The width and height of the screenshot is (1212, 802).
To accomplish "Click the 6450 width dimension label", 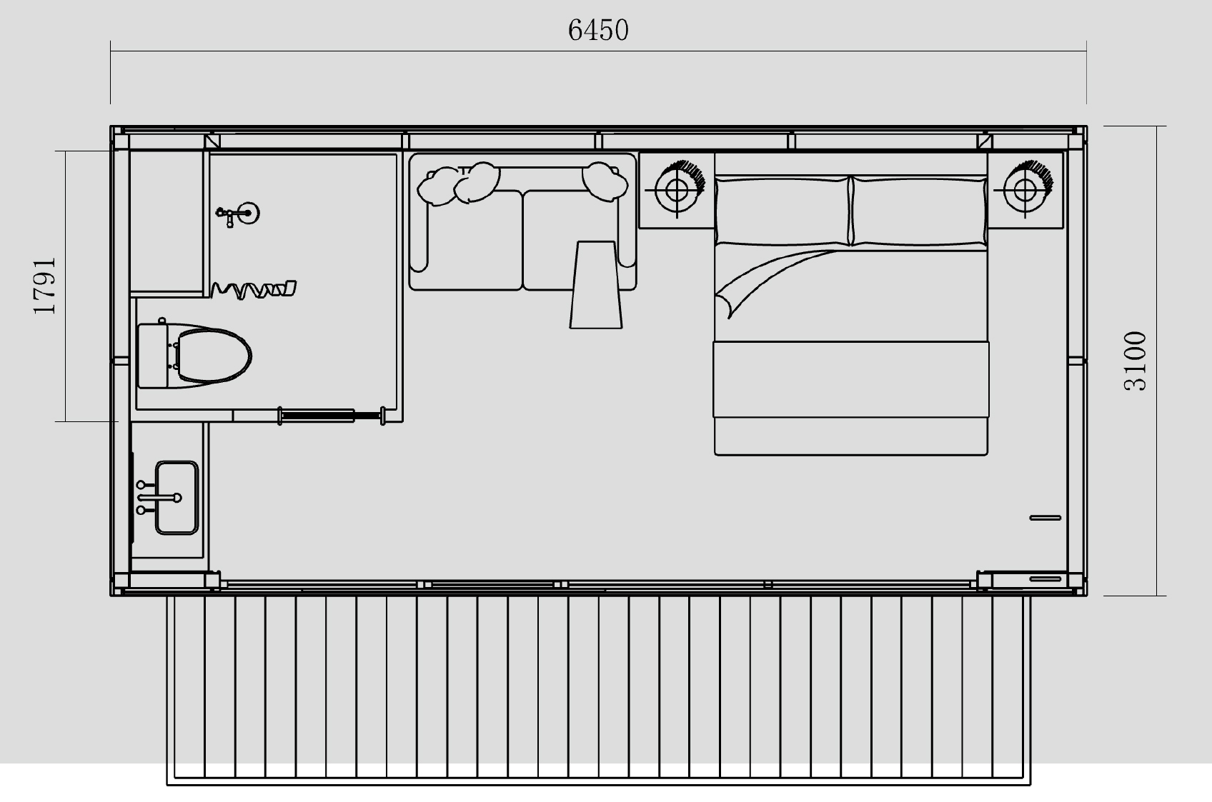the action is (598, 30).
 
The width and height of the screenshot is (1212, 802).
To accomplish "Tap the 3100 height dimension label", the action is (1135, 361).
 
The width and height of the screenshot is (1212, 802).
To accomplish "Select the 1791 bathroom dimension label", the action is (44, 286).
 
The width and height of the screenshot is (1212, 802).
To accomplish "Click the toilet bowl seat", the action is (214, 356).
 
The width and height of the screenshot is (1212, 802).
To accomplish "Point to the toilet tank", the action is (153, 356).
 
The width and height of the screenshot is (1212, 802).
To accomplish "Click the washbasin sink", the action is (177, 498).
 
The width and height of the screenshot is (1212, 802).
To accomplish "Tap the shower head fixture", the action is (238, 214).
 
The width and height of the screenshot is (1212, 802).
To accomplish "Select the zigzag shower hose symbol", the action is (253, 289).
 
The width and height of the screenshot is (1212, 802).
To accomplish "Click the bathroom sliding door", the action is (331, 416).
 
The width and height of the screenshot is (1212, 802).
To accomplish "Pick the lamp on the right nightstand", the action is (1026, 189).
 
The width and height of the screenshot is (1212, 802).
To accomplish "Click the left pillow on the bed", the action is (783, 211).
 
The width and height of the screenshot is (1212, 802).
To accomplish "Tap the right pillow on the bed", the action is (919, 211).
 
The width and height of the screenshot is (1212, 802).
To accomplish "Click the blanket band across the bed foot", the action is (850, 379).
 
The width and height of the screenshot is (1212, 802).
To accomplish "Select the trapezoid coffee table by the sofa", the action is (596, 284).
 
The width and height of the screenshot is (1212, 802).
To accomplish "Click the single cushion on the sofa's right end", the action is (605, 181).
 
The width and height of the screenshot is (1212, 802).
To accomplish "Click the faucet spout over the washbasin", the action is (159, 498).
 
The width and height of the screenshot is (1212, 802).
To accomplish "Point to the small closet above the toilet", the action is (167, 221).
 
